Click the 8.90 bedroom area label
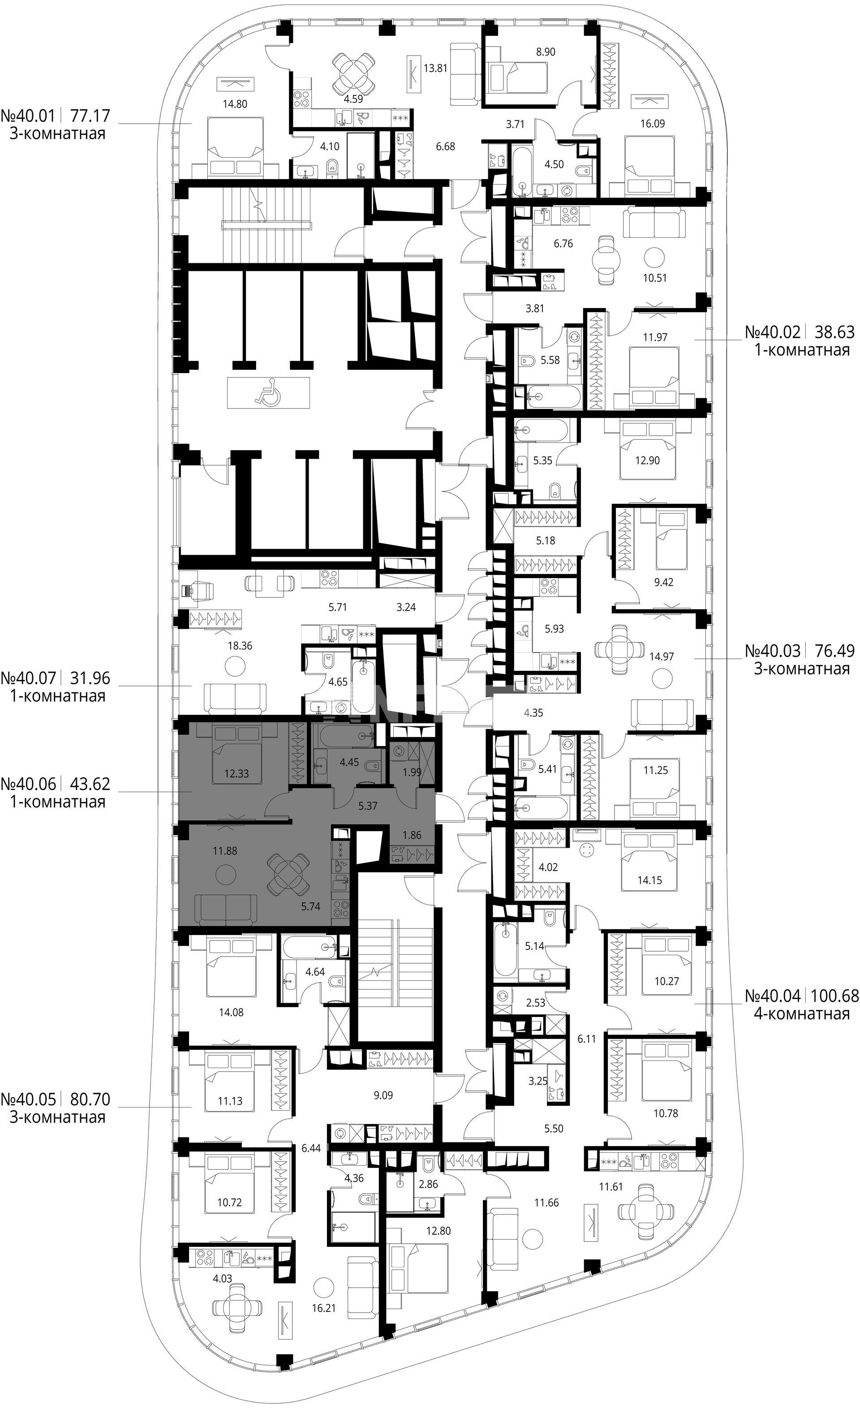545,52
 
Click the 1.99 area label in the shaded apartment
412,772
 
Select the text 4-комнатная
802,1014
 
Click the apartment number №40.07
28,678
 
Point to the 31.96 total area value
90,678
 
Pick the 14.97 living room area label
661,656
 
